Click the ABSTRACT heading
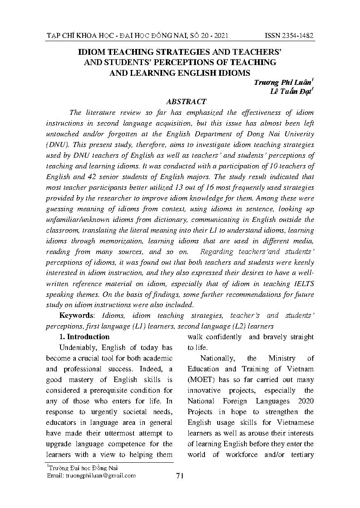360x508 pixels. click(x=186, y=102)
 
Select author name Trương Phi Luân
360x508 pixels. click(x=283, y=82)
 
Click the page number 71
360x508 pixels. click(x=179, y=476)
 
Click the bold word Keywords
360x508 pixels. click(x=77, y=316)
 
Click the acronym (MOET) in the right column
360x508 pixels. click(x=202, y=380)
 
